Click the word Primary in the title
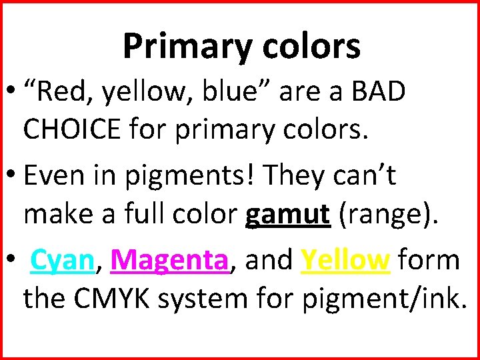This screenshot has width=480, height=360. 177,46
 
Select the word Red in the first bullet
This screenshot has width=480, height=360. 63,93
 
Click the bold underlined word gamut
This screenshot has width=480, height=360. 287,215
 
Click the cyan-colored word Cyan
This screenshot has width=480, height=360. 61,261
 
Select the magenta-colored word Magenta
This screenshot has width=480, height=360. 169,261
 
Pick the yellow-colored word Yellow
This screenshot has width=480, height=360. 345,259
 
